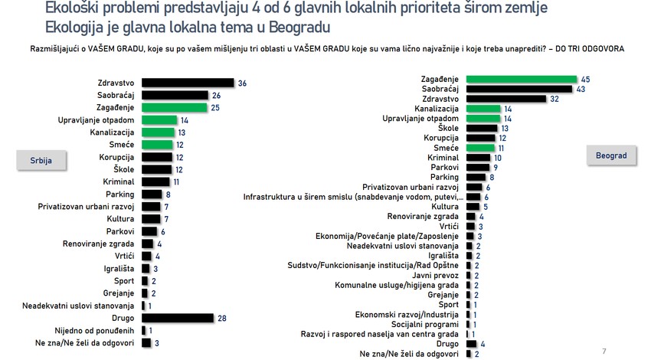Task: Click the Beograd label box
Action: (611, 155)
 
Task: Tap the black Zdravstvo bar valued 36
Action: (187, 83)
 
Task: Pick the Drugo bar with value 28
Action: (177, 317)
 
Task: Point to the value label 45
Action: (585, 79)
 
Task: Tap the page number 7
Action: (604, 351)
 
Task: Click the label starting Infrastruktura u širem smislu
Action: (352, 196)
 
